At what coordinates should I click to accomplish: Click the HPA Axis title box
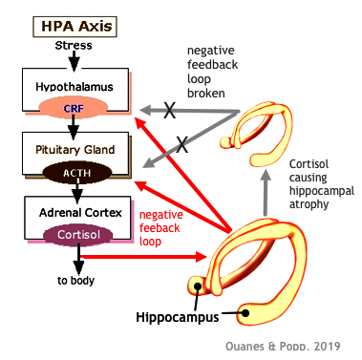pyautogui.click(x=75, y=26)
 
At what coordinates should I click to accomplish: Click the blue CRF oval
pyautogui.click(x=75, y=109)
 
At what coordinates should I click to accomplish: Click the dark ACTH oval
pyautogui.click(x=75, y=172)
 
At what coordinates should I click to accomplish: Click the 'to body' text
pyautogui.click(x=75, y=281)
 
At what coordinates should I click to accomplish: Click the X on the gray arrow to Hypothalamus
pyautogui.click(x=170, y=111)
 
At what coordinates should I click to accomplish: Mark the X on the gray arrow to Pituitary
pyautogui.click(x=181, y=145)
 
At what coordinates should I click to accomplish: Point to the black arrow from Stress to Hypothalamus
pyautogui.click(x=75, y=60)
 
